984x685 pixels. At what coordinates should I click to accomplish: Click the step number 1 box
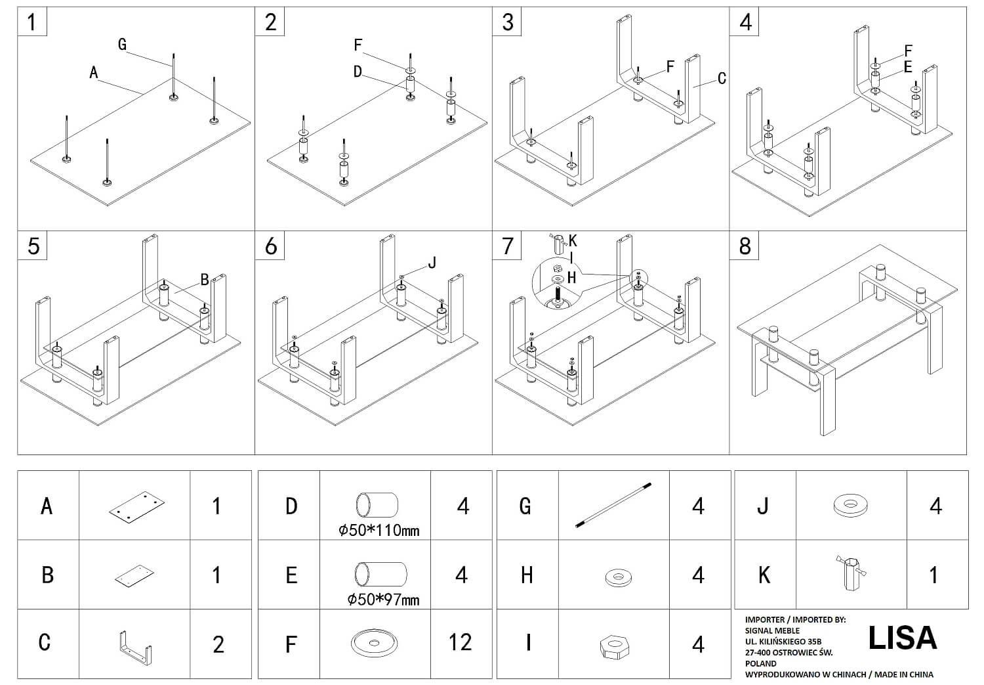[x=32, y=22]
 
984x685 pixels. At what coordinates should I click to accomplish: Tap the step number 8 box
[x=744, y=246]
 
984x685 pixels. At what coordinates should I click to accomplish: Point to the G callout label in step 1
[x=123, y=44]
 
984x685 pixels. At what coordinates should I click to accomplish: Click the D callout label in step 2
[x=358, y=72]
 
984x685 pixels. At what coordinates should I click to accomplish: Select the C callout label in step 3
[x=722, y=78]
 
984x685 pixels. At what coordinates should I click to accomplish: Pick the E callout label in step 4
[x=908, y=67]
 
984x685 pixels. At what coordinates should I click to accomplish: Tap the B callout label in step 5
[x=205, y=280]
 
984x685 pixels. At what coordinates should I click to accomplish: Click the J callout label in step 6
[x=432, y=263]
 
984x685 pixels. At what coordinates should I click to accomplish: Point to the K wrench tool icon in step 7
[x=558, y=244]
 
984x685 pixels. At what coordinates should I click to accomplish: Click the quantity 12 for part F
[x=461, y=642]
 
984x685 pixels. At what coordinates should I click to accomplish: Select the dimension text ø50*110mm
[x=379, y=531]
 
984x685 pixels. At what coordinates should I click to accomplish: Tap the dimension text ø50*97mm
[x=383, y=599]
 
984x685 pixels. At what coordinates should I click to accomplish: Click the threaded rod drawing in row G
[x=613, y=505]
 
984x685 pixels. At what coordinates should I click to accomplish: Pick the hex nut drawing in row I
[x=615, y=646]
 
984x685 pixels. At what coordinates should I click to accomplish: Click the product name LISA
[x=903, y=638]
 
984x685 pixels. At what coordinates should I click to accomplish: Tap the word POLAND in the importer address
[x=761, y=663]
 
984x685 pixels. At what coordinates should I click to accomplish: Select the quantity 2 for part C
[x=218, y=644]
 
